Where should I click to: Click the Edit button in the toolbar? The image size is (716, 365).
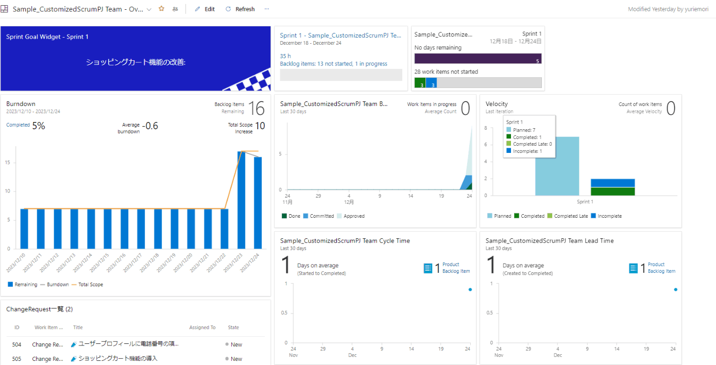pyautogui.click(x=205, y=9)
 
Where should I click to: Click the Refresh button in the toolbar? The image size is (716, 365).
pyautogui.click(x=240, y=9)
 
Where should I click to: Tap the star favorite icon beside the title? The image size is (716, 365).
pyautogui.click(x=161, y=9)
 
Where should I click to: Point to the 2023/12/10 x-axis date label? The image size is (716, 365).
pyautogui.click(x=16, y=263)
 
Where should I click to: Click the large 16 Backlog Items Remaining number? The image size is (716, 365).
pyautogui.click(x=256, y=109)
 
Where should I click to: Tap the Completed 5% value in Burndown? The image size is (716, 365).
pyautogui.click(x=39, y=126)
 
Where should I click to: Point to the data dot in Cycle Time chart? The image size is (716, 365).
pyautogui.click(x=470, y=289)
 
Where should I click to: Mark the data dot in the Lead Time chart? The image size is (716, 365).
pyautogui.click(x=675, y=289)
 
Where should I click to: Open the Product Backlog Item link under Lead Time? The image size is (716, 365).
pyautogui.click(x=661, y=268)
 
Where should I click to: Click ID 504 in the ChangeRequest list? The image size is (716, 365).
pyautogui.click(x=17, y=344)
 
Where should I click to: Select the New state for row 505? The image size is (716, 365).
pyautogui.click(x=236, y=359)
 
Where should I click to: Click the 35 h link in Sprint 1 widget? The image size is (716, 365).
pyautogui.click(x=285, y=56)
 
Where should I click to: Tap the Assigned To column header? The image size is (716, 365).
pyautogui.click(x=202, y=327)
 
